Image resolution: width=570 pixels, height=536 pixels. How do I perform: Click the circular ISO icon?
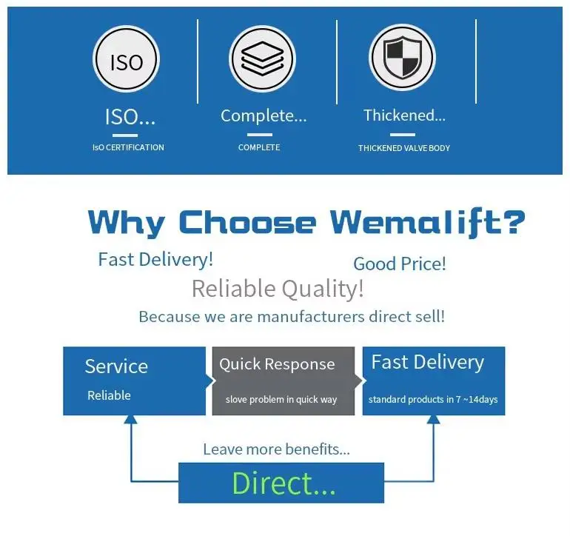tap(127, 60)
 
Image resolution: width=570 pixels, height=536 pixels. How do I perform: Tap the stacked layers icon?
tap(262, 59)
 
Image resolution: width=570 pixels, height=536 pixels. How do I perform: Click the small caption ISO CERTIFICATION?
tap(128, 147)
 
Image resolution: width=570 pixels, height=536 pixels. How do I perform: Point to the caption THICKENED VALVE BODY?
tap(404, 148)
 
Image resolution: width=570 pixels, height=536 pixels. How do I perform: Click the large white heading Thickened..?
tap(404, 115)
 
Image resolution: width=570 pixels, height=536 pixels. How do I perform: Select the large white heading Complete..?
tap(263, 116)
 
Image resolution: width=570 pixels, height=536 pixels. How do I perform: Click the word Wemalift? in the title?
tap(428, 222)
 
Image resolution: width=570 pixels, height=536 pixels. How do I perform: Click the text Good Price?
tap(400, 264)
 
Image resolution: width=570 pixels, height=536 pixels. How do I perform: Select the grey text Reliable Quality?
tap(278, 289)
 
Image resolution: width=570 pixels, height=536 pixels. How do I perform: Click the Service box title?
tap(116, 366)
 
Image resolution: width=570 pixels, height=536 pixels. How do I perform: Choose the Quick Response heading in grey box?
tap(277, 364)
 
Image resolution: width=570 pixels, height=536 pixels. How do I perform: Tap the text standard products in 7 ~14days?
tap(433, 400)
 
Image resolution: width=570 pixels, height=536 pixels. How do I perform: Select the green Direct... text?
tap(284, 483)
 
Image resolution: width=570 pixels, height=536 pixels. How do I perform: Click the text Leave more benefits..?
tap(276, 449)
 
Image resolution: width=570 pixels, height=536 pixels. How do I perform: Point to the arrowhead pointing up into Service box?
tap(130, 419)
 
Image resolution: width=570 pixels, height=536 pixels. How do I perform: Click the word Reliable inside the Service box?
tap(109, 395)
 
